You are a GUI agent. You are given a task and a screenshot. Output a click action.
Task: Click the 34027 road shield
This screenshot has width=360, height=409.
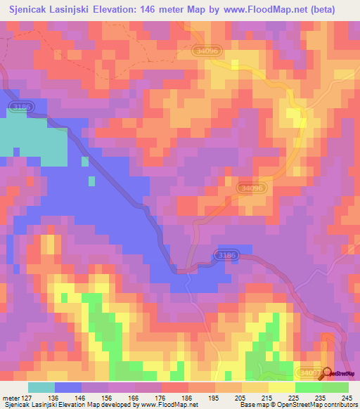(x=307, y=372)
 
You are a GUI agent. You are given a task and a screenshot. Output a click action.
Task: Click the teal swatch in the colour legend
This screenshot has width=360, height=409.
(x=41, y=387)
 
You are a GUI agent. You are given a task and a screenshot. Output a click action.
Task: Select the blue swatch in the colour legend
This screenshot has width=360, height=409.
(x=68, y=387)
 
